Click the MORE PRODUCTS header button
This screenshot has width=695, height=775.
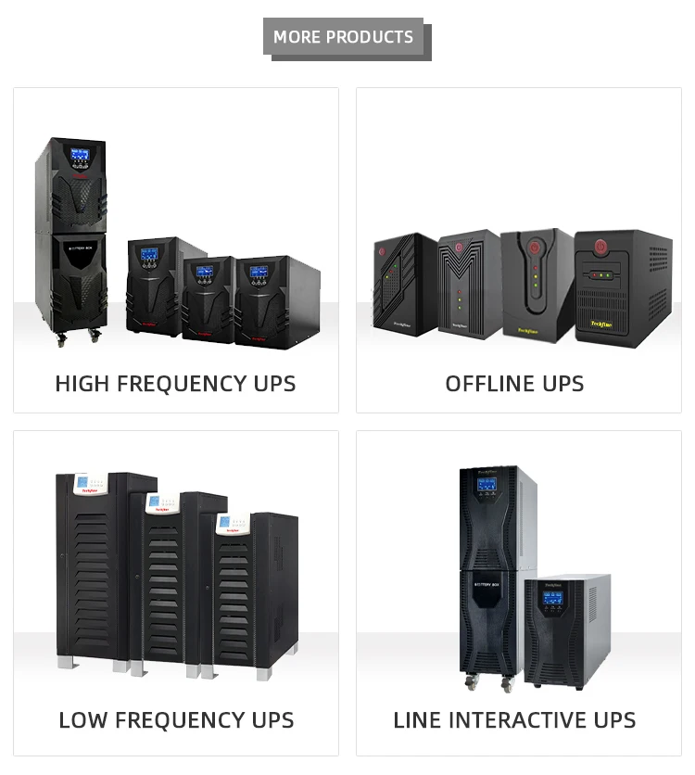344,37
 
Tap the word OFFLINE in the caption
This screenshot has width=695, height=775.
490,384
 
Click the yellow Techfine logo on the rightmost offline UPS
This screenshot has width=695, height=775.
603,324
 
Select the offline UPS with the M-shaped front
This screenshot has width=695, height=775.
468,283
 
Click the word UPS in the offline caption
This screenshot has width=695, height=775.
562,384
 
